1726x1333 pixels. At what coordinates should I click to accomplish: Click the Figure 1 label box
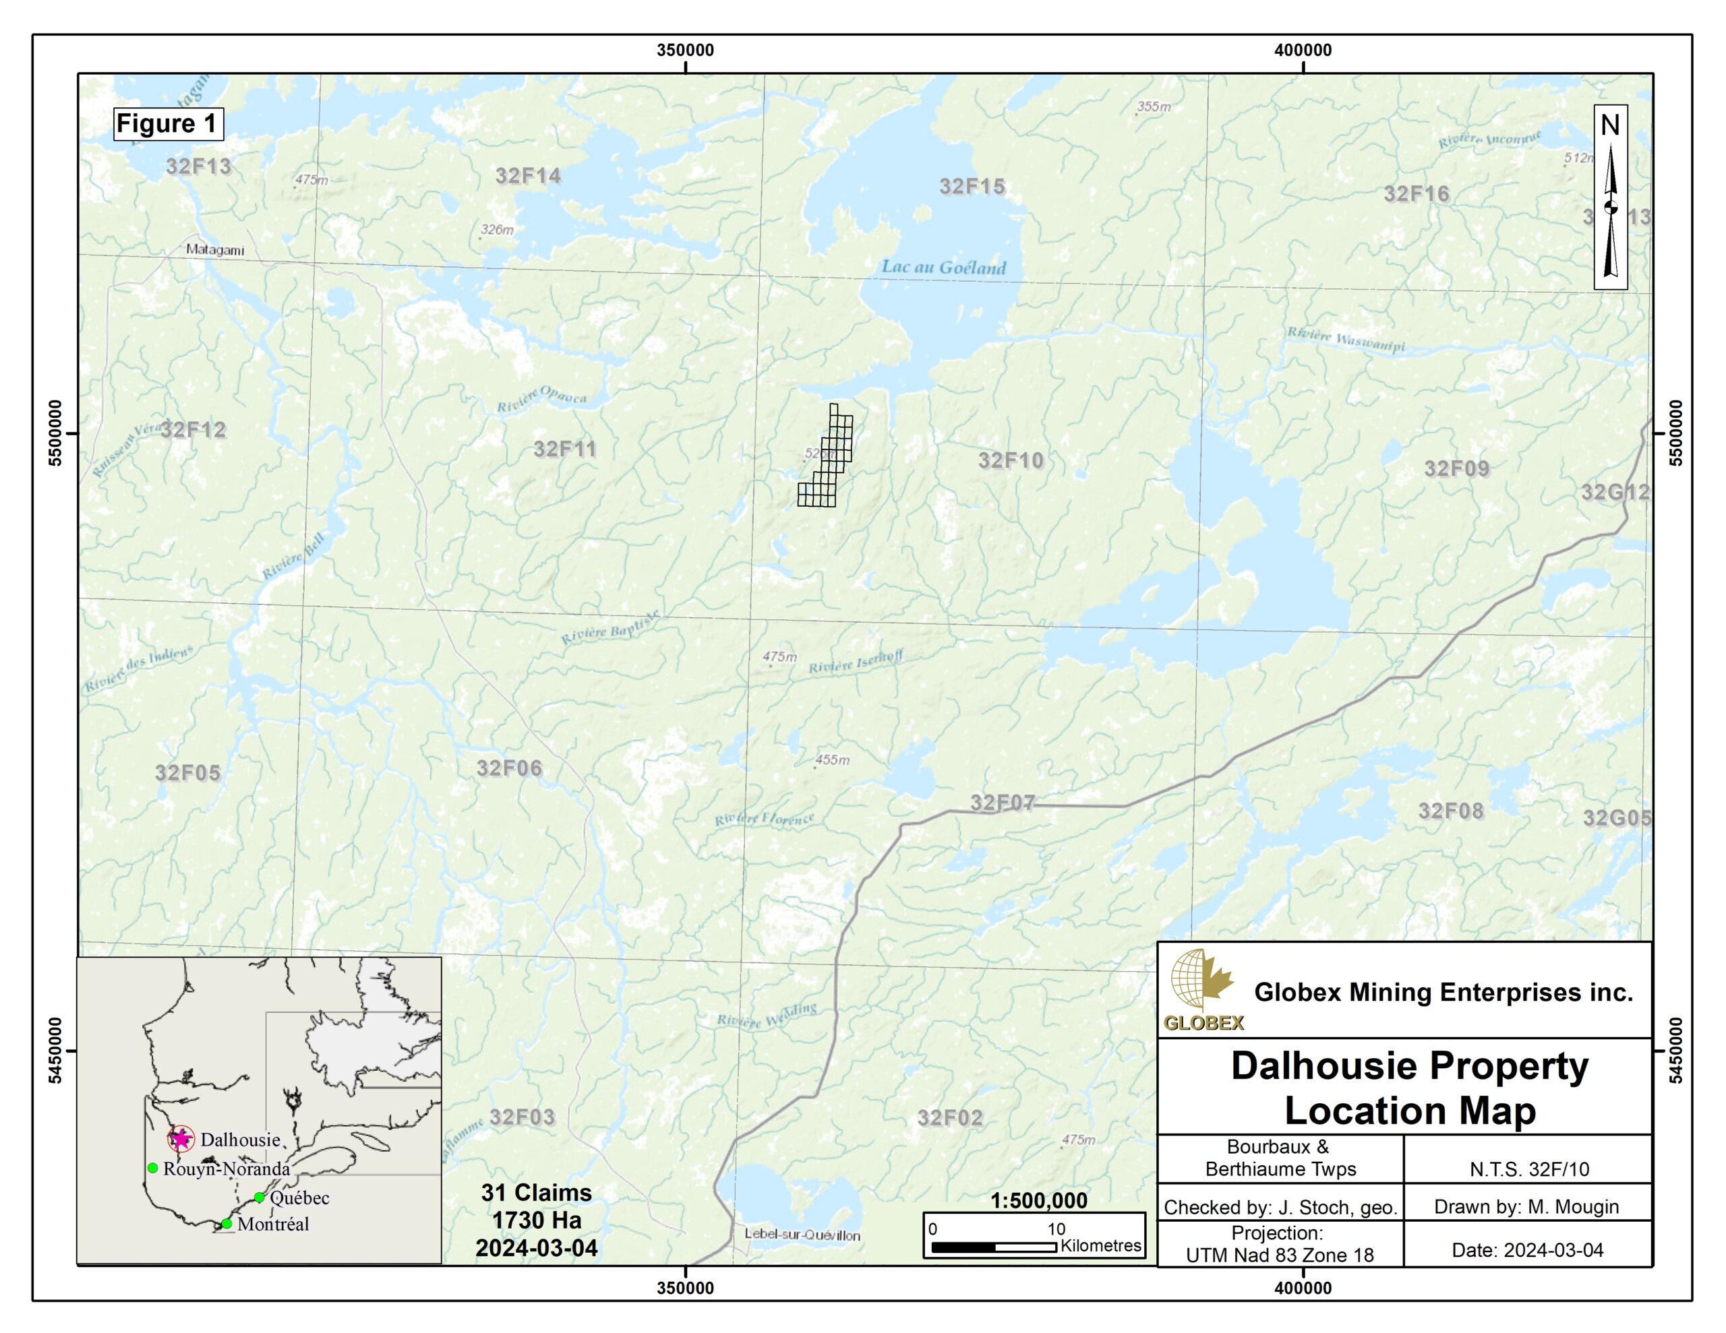coord(167,124)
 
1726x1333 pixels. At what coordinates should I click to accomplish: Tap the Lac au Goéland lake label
coord(944,268)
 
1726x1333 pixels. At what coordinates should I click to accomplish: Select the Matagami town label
coord(215,251)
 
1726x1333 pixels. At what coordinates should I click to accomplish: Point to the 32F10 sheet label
coord(1011,461)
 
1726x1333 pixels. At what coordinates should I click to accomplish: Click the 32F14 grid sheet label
coord(528,176)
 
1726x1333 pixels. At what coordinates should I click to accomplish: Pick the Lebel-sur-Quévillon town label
coord(802,1234)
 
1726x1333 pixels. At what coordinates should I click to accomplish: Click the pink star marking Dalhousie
coord(181,1139)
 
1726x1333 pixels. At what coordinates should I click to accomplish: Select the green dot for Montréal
coord(227,1224)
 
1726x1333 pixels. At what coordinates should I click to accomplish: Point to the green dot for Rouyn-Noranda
coord(152,1168)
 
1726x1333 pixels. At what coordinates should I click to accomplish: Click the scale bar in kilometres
coord(994,1247)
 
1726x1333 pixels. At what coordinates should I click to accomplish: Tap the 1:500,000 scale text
coord(1038,1201)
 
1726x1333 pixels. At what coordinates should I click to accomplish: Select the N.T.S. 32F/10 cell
coord(1528,1169)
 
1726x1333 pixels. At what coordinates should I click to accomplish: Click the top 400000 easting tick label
coord(1303,51)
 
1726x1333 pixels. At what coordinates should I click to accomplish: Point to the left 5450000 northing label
coord(55,1050)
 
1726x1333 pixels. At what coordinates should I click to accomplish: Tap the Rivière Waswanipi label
coord(1346,340)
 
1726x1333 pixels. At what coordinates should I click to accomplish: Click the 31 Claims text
coord(536,1193)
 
